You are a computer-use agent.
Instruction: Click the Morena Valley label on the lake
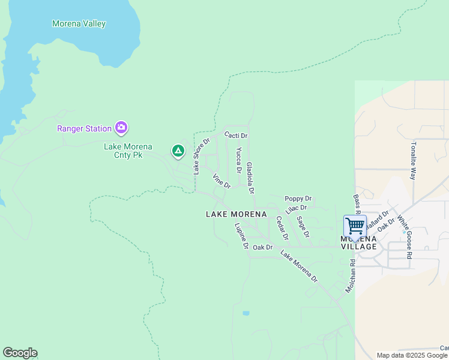point(79,24)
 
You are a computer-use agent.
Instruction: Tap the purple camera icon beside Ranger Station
point(121,127)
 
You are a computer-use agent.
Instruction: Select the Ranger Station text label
point(84,128)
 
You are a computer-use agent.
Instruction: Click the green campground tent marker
point(178,151)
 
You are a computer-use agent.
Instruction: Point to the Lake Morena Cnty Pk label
point(128,151)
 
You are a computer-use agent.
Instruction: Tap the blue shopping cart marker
point(355,226)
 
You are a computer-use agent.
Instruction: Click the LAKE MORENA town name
point(236,214)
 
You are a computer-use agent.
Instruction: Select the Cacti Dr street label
point(236,136)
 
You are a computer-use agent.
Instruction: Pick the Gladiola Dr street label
point(250,178)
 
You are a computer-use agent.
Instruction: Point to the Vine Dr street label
point(221,181)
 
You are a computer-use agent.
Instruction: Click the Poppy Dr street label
point(298,199)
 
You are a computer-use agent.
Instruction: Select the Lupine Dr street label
point(241,236)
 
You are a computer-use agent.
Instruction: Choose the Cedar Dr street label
point(282,228)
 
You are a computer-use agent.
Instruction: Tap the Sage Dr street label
point(303,227)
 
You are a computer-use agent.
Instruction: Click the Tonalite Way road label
point(413,161)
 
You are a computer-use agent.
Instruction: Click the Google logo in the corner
point(20,353)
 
